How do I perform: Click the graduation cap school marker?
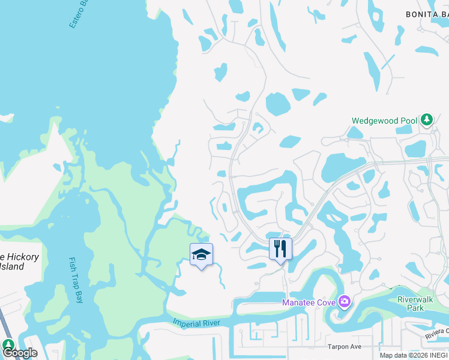[x=202, y=255]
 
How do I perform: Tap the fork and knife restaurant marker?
[x=280, y=248]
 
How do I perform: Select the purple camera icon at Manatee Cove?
[x=345, y=301]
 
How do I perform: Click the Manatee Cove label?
[x=309, y=302]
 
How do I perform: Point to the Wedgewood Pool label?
[x=384, y=121]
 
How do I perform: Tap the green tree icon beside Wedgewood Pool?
[x=427, y=120]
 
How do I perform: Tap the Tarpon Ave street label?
[x=344, y=347]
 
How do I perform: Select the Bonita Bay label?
[x=427, y=14]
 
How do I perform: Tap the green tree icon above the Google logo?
[x=8, y=344]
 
